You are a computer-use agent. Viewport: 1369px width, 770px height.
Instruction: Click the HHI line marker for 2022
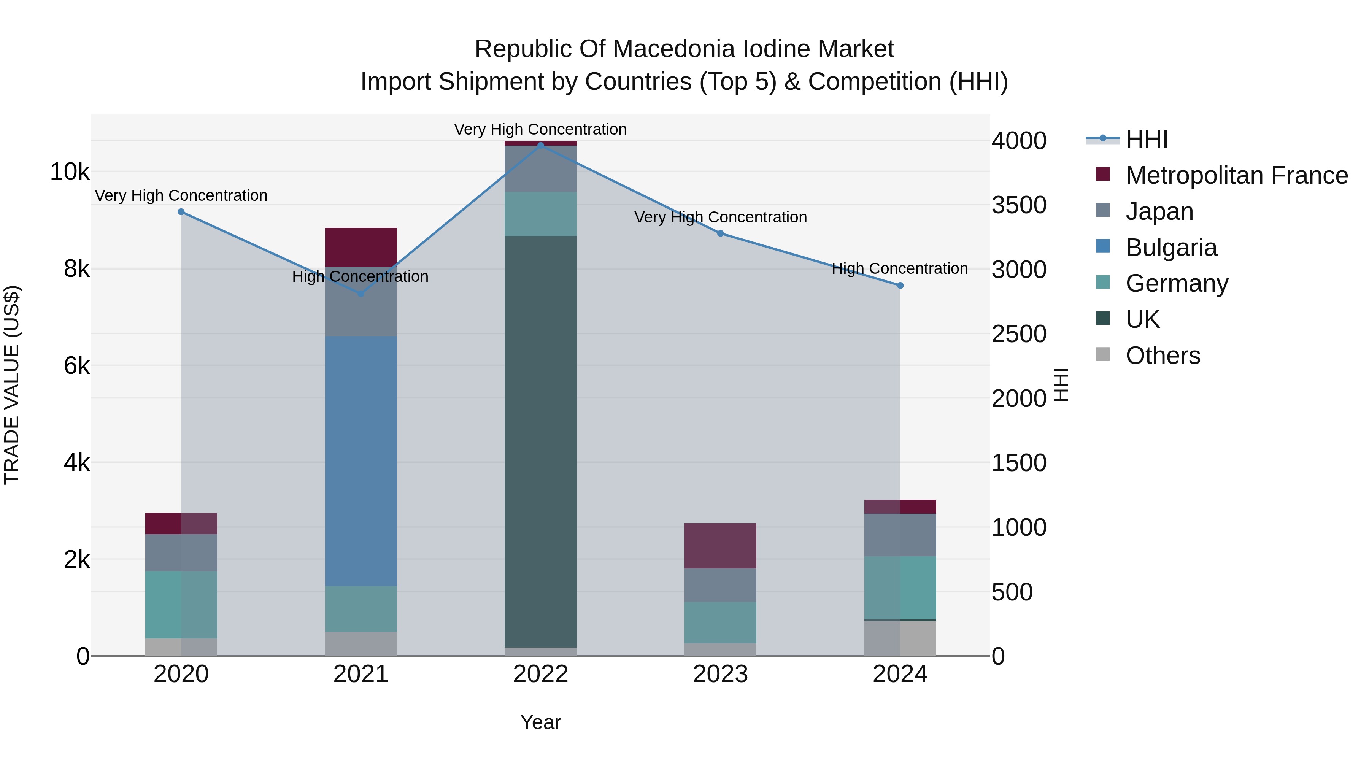540,145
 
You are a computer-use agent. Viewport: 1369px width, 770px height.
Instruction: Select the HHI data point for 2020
181,211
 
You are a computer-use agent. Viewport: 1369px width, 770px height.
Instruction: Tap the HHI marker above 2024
900,285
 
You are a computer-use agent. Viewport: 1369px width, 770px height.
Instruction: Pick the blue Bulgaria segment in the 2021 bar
361,461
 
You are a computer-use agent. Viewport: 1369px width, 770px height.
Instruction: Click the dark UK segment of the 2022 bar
540,441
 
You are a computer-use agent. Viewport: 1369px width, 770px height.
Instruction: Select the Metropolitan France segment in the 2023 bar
720,546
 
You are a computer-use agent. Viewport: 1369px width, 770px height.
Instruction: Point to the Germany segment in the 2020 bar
181,604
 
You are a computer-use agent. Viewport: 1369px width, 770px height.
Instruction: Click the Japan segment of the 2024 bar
900,535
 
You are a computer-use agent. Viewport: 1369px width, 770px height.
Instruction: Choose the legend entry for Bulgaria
1171,248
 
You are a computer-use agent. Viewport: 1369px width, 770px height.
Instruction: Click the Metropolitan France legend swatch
1103,174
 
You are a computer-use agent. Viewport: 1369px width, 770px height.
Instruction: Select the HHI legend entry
1146,139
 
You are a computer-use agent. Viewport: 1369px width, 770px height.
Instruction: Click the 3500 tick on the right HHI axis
1018,205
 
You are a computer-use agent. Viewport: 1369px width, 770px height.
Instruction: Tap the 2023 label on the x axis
720,674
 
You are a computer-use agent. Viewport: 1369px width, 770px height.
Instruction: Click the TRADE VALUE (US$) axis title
12,385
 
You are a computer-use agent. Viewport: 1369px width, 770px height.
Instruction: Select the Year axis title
540,722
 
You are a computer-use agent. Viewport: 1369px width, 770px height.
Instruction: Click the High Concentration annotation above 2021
361,276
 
